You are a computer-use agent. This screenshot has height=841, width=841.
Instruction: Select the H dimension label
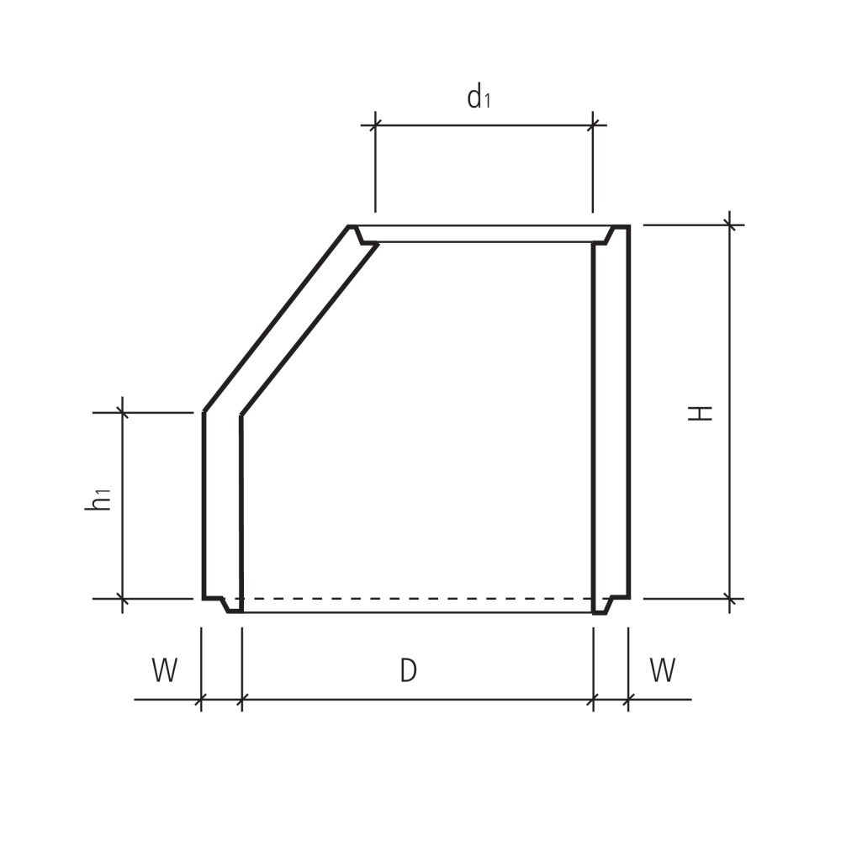coord(701,412)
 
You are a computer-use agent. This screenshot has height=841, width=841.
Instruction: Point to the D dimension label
coord(408,671)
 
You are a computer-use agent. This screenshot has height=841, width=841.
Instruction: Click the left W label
coord(165,671)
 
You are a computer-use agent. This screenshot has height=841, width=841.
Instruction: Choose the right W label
coord(663,671)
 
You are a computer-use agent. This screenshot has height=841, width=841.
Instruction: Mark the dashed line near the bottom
coord(416,599)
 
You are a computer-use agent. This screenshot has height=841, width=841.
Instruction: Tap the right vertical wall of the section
coord(611,420)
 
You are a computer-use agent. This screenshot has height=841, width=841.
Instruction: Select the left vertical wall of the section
coord(222,505)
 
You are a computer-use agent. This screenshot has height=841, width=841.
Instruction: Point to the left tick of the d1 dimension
coord(375,125)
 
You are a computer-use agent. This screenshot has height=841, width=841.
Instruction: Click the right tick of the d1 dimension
coord(593,125)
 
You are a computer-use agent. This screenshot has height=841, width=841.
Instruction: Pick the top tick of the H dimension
coord(730,225)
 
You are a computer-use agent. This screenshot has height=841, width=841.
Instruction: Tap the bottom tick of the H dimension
coord(730,599)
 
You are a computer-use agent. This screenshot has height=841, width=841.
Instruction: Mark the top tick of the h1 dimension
coord(123,412)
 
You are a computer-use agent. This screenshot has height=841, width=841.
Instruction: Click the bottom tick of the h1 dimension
coord(123,599)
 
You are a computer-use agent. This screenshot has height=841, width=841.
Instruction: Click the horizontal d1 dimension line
coord(484,125)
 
